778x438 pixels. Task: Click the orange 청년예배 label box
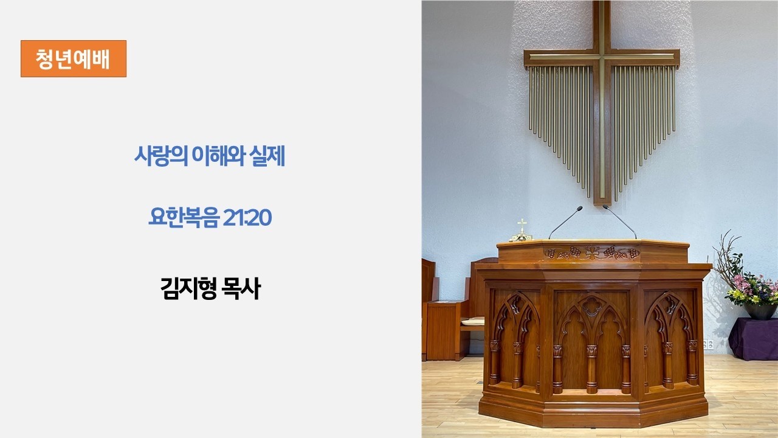coord(74,58)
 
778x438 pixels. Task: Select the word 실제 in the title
coord(267,156)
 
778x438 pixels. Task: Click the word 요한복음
coord(184,218)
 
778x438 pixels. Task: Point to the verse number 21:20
coord(247,218)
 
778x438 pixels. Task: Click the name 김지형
coord(188,288)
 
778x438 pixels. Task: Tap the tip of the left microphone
coord(580,208)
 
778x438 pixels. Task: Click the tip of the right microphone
coord(605,207)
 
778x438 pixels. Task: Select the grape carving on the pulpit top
coord(592,253)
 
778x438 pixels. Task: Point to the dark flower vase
coord(760,311)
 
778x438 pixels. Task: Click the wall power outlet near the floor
coord(708,344)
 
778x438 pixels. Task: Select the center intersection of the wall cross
coord(602,57)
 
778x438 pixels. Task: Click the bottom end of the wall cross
coord(602,203)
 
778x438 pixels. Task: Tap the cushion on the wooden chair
coord(472,322)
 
